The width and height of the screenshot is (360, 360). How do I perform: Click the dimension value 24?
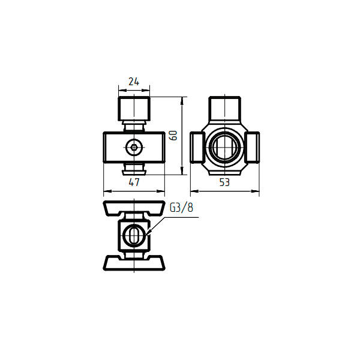(134, 82)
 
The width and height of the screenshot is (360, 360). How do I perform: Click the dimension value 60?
(174, 135)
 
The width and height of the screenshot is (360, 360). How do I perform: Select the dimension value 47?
(134, 182)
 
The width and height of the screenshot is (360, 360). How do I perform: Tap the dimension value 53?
(224, 182)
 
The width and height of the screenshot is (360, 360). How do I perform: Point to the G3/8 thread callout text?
(181, 208)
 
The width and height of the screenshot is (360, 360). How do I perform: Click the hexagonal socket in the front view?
(134, 147)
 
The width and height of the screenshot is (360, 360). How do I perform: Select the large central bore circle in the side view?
(225, 147)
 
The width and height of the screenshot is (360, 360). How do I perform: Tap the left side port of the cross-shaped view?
(197, 148)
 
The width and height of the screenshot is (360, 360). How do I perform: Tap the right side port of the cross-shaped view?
(253, 148)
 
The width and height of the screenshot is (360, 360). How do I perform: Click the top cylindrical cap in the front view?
(134, 109)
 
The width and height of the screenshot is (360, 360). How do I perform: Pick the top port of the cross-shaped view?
(224, 109)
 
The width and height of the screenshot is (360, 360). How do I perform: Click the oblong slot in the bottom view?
(134, 235)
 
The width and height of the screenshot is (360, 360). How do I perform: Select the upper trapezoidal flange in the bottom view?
(134, 208)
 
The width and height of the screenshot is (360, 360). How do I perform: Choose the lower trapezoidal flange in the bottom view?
(134, 262)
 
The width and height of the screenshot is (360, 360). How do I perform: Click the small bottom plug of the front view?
(134, 172)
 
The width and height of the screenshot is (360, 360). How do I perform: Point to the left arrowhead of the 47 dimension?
(107, 191)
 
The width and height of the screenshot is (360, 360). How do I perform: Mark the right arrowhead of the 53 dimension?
(256, 191)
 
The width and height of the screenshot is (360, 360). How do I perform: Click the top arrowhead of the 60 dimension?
(182, 101)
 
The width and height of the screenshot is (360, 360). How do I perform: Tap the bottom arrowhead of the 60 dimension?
(182, 171)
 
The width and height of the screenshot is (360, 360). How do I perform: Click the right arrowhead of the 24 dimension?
(146, 90)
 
